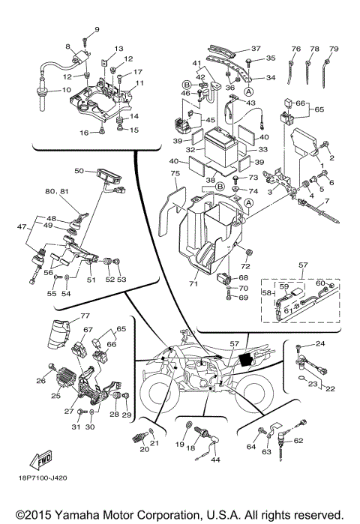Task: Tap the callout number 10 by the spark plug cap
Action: [66, 91]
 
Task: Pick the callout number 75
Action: [175, 174]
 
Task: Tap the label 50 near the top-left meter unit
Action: [79, 171]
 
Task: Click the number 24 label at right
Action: [319, 344]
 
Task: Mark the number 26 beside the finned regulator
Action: [40, 380]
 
